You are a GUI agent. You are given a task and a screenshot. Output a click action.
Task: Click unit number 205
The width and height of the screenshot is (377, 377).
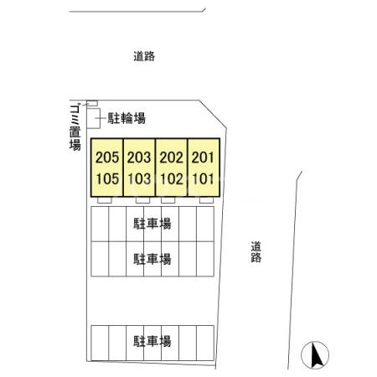(106, 157)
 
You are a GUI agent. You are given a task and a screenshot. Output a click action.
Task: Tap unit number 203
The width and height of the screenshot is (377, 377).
(139, 157)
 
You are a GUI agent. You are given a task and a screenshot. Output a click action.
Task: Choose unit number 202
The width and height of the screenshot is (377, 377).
(171, 157)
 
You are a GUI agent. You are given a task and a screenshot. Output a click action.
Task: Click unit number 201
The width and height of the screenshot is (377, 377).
(203, 157)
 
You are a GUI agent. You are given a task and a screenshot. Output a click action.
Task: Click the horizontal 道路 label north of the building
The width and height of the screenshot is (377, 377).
(144, 57)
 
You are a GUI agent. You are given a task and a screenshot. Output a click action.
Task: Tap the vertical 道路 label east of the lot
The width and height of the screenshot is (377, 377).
(256, 251)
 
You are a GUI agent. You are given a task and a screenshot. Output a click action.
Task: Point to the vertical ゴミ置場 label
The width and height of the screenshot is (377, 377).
(75, 126)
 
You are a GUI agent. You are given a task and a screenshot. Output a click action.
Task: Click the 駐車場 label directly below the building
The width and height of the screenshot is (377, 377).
(152, 224)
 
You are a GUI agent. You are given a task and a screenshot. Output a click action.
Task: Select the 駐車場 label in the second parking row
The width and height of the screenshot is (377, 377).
(152, 258)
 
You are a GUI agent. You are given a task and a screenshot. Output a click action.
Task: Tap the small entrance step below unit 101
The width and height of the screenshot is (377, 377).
(205, 201)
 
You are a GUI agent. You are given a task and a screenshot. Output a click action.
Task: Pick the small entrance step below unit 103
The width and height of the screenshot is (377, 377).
(142, 201)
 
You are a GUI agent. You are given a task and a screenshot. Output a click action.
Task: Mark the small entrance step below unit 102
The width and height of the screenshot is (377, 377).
(168, 201)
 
